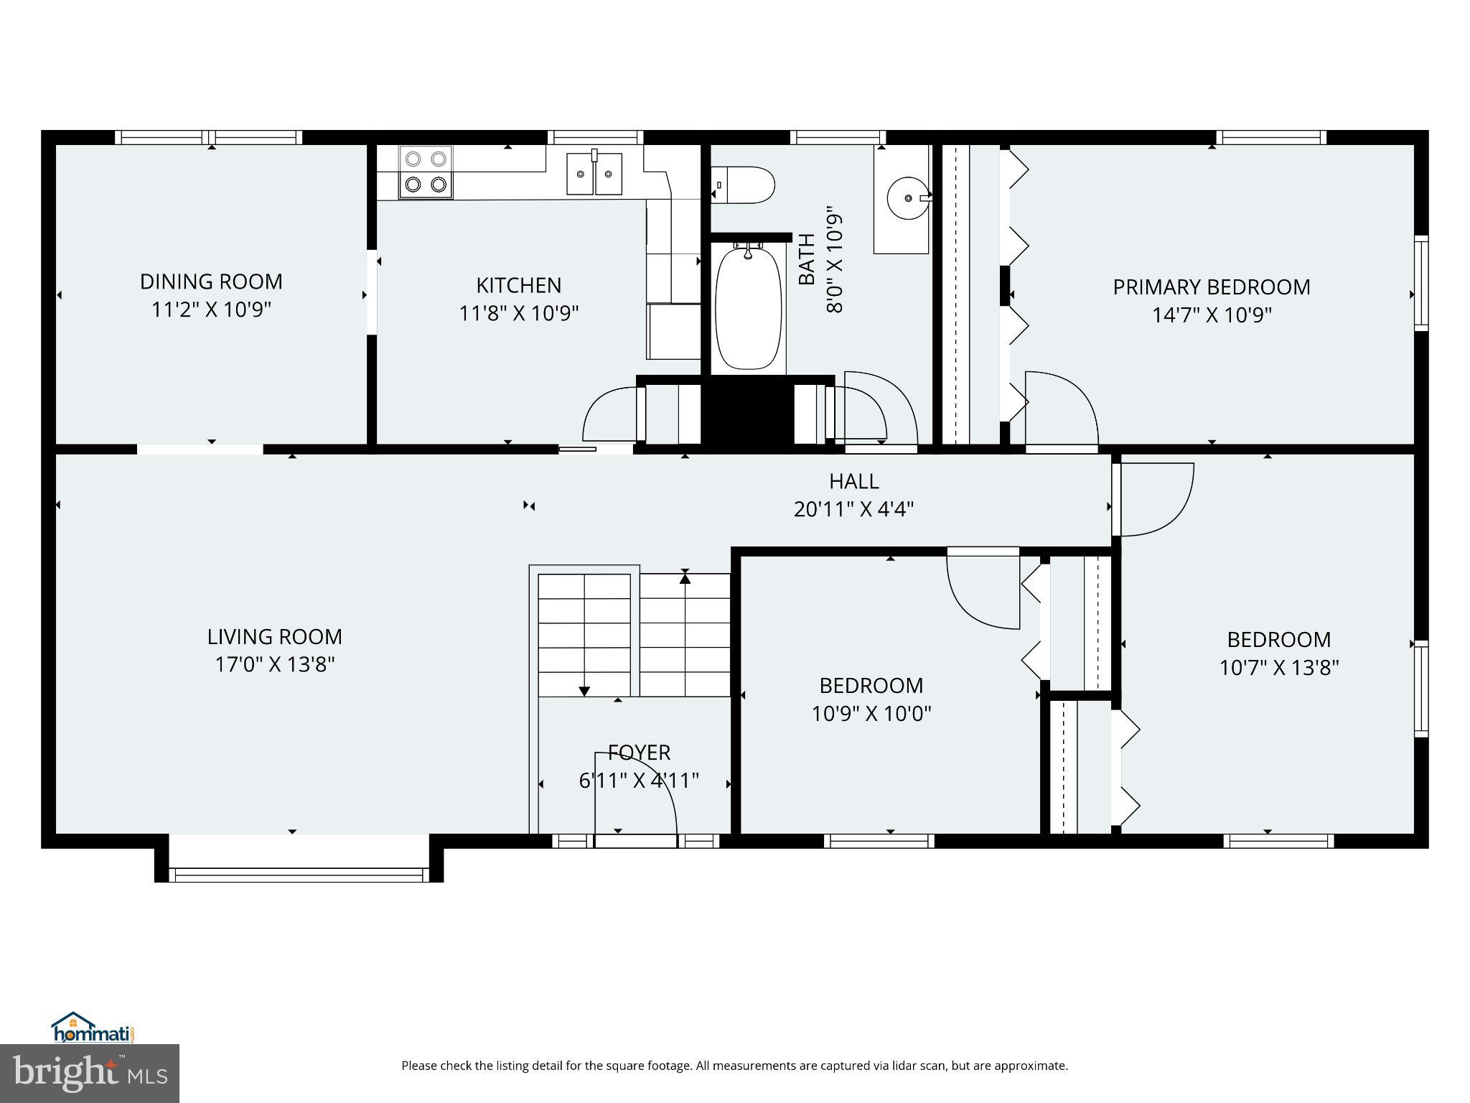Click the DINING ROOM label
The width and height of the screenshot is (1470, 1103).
(x=211, y=281)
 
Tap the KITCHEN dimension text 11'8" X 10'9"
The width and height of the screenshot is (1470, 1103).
(x=519, y=313)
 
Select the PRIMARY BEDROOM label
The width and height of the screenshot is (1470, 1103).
(x=1212, y=287)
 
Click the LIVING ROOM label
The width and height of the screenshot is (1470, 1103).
(x=275, y=637)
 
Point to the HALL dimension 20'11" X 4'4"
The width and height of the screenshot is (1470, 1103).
(x=853, y=509)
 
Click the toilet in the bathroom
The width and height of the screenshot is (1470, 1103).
(x=743, y=185)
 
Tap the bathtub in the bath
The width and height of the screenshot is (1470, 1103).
(x=748, y=307)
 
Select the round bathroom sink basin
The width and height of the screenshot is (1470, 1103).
(x=909, y=196)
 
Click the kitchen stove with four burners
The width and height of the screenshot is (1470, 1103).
(x=426, y=172)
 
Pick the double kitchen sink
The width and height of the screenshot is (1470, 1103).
(x=594, y=172)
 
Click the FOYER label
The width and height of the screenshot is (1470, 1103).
(x=639, y=753)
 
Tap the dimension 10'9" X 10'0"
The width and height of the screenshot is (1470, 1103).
(x=871, y=714)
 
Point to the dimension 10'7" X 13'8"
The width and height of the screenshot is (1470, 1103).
(x=1279, y=668)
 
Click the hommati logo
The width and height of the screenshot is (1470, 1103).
(x=94, y=1028)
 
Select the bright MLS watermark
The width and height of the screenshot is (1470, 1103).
(x=90, y=1074)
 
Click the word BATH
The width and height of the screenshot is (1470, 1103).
(x=807, y=259)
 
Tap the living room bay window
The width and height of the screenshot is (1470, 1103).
(x=299, y=874)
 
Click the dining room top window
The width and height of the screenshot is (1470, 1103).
(x=209, y=137)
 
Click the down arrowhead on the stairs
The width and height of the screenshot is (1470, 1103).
(x=584, y=692)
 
